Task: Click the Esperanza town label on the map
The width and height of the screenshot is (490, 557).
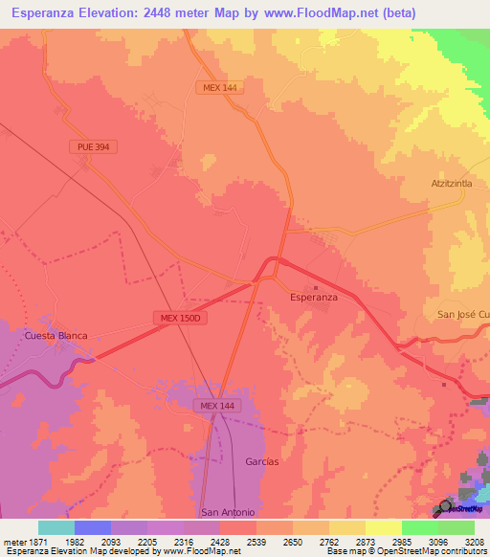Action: (314, 298)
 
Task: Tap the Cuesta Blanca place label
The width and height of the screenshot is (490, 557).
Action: (56, 336)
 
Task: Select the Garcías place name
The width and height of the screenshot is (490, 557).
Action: (261, 461)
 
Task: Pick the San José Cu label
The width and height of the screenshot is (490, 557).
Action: (463, 315)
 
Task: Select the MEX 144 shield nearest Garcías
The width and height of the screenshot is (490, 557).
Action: (216, 406)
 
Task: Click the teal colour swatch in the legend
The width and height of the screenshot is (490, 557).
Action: (56, 527)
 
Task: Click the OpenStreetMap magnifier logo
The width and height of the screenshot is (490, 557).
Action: (446, 508)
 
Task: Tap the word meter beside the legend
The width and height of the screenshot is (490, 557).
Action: (13, 541)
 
